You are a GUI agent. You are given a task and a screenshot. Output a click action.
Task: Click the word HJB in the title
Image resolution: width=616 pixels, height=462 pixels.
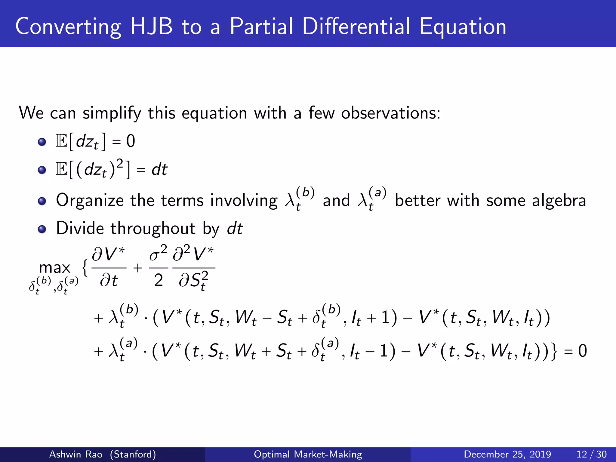pyautogui.click(x=151, y=26)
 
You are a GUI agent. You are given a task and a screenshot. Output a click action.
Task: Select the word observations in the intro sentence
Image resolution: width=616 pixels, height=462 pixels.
pyautogui.click(x=390, y=113)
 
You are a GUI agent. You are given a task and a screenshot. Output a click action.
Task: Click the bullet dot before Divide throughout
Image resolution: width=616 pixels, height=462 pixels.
pyautogui.click(x=42, y=229)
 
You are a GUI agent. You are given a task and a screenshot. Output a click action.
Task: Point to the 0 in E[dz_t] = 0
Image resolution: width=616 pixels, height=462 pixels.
pyautogui.click(x=131, y=141)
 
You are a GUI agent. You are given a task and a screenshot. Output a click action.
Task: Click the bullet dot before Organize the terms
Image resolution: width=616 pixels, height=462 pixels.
pyautogui.click(x=42, y=201)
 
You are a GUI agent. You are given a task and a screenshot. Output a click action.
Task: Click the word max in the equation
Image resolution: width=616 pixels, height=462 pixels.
pyautogui.click(x=54, y=268)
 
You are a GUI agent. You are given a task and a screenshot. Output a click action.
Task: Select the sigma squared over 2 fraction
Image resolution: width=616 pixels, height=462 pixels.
pyautogui.click(x=159, y=268)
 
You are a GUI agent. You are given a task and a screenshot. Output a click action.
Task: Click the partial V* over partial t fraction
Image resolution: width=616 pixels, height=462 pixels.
pyautogui.click(x=109, y=268)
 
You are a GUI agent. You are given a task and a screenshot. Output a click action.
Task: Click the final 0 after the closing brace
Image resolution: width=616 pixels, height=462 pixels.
pyautogui.click(x=582, y=351)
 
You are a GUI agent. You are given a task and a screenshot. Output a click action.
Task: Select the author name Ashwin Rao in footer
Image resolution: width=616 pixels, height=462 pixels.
pyautogui.click(x=75, y=454)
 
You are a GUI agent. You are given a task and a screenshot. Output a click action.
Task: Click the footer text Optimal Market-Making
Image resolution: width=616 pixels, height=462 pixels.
pyautogui.click(x=308, y=454)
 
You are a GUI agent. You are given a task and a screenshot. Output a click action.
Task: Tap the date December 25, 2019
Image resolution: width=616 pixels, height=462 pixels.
pyautogui.click(x=507, y=454)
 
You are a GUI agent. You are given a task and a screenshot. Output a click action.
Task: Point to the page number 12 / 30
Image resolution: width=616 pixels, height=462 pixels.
pyautogui.click(x=591, y=454)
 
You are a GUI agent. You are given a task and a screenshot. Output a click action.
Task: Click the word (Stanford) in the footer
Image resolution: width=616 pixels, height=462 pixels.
pyautogui.click(x=133, y=454)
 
